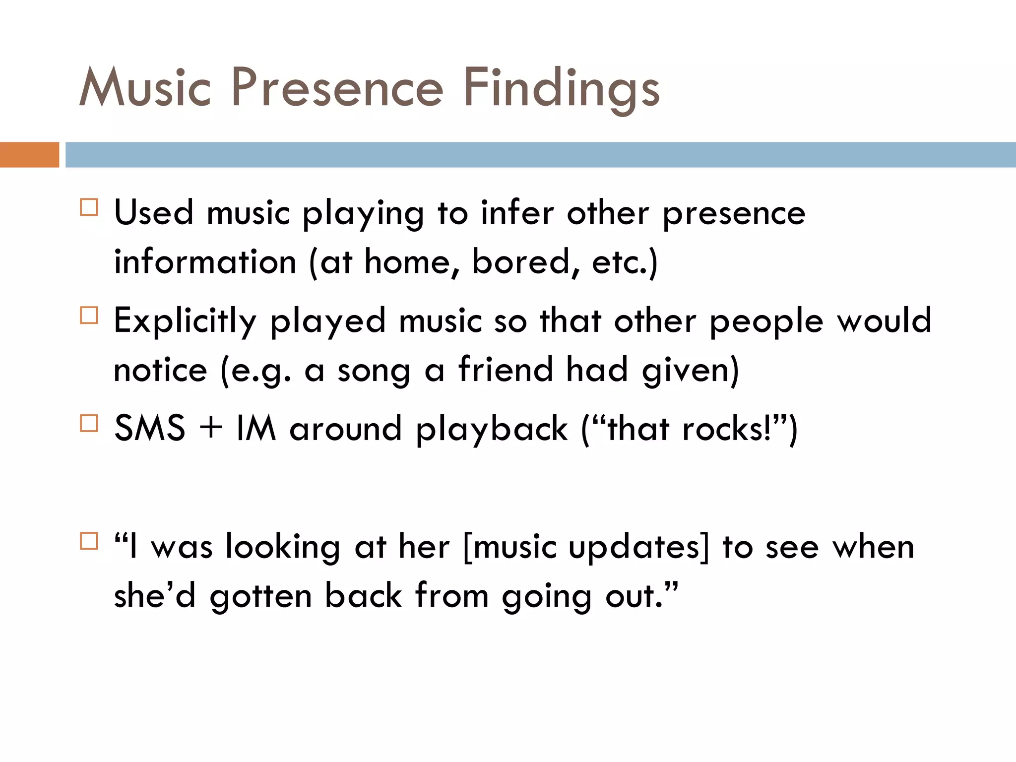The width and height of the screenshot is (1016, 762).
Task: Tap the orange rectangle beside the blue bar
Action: tap(29, 155)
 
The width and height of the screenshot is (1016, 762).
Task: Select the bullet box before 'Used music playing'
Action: tap(89, 207)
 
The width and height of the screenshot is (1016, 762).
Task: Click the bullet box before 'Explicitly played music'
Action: tap(89, 315)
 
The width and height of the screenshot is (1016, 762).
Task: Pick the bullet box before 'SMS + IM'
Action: tap(89, 423)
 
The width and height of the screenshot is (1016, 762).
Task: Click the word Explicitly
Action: tap(185, 321)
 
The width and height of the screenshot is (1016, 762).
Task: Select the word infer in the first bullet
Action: tap(517, 213)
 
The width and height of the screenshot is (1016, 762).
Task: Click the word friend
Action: tap(506, 370)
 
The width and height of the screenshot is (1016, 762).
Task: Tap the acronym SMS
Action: tap(150, 429)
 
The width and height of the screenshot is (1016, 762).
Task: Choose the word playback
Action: tap(491, 430)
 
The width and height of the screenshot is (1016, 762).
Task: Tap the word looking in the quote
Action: tap(283, 548)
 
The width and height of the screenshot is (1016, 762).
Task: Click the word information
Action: tap(205, 262)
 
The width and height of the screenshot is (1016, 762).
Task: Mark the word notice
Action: tap(160, 370)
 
